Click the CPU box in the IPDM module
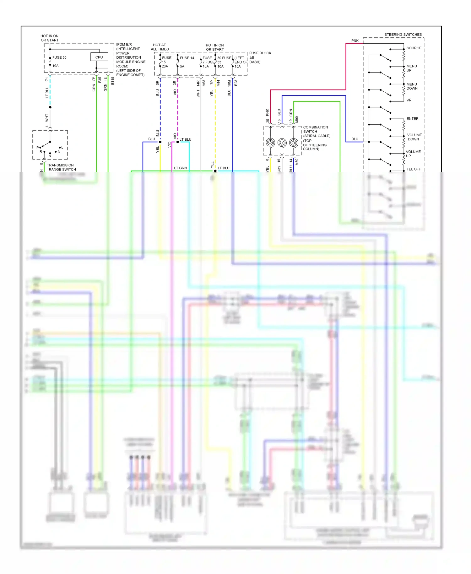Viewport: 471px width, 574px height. (x=99, y=57)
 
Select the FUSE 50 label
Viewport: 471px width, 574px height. (x=59, y=57)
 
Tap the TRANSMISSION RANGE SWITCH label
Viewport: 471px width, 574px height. (x=61, y=167)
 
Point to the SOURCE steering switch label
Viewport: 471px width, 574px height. (x=414, y=48)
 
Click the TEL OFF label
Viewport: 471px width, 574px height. (x=413, y=169)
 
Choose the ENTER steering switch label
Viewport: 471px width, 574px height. (x=412, y=119)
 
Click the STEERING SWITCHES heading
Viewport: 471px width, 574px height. (x=403, y=35)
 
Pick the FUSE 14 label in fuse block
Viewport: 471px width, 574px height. (x=187, y=58)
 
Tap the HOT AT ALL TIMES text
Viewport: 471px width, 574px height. (x=160, y=47)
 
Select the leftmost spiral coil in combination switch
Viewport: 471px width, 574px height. (x=270, y=143)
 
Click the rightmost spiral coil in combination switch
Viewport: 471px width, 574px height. (x=293, y=143)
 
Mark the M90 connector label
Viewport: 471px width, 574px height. (x=297, y=120)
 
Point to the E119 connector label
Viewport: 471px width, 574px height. (x=112, y=81)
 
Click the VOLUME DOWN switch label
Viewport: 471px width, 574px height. (x=414, y=137)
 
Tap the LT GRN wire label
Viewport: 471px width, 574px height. (x=180, y=168)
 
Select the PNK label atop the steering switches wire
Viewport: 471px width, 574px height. (x=355, y=41)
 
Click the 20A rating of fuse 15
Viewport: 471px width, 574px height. (x=165, y=66)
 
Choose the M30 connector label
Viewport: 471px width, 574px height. (x=297, y=162)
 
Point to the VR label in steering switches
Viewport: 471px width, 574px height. (x=409, y=100)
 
